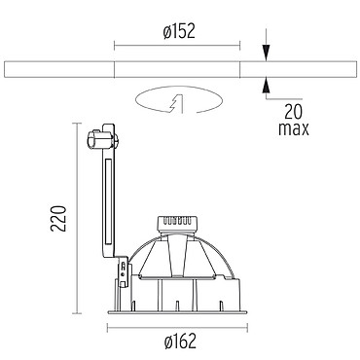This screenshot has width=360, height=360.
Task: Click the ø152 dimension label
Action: tap(179, 31)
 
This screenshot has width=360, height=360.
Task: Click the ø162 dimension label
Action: tap(180, 342)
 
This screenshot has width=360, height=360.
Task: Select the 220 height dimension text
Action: tap(58, 218)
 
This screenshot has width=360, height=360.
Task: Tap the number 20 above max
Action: tap(293, 112)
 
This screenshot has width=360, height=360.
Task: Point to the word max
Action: tap(294, 129)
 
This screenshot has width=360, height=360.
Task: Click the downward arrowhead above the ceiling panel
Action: tap(266, 53)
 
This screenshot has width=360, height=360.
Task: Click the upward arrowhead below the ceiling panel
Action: tap(266, 86)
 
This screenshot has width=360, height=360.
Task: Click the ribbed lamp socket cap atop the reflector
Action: tap(177, 224)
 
